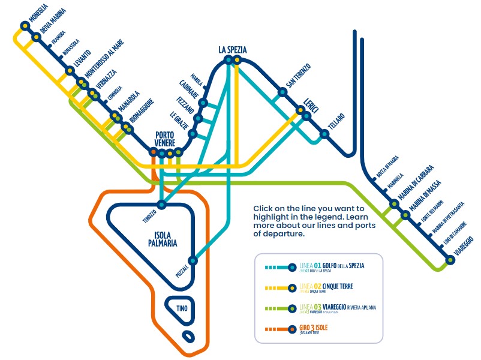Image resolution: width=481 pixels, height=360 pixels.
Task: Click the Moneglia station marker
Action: click(25, 26)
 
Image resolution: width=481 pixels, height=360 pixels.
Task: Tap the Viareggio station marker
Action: click(450, 260)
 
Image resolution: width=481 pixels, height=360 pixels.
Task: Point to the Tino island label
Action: click(182, 308)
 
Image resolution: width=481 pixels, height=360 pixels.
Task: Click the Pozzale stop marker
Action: click(193, 261)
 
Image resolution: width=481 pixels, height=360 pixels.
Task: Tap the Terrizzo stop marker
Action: click(161, 204)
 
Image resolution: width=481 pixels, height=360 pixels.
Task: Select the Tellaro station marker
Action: click(324, 134)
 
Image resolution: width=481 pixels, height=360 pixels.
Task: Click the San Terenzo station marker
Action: click(282, 92)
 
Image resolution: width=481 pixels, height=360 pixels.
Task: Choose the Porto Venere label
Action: click(165, 139)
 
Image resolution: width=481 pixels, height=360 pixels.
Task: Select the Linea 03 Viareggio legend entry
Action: click(336, 309)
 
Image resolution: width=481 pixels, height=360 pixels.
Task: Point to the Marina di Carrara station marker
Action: click(394, 204)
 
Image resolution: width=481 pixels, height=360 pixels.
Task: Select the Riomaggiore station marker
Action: click(125, 127)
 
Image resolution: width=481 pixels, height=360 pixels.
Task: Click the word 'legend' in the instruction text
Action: click(356, 216)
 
